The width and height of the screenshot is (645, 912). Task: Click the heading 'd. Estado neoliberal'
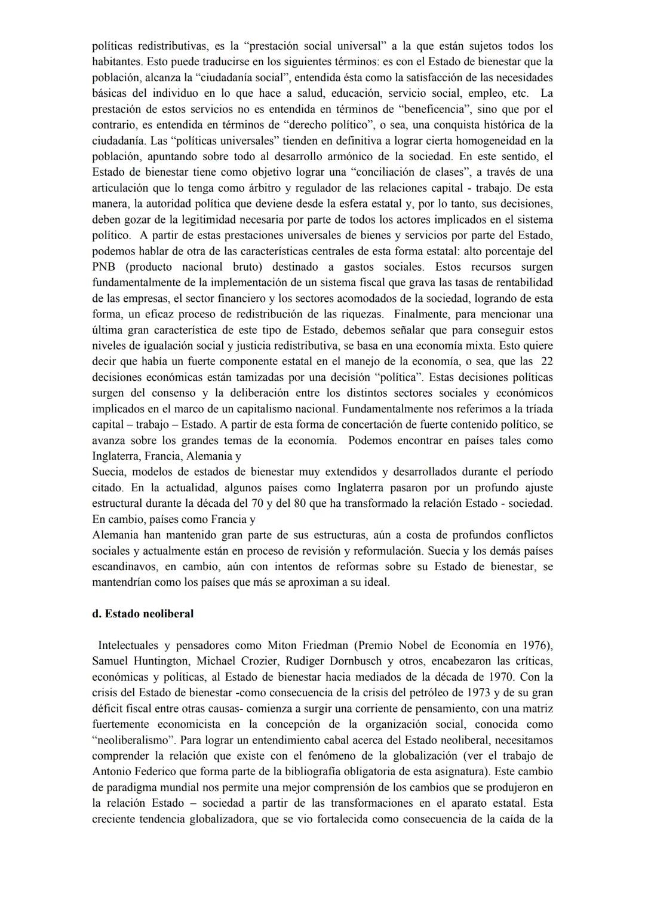(x=143, y=614)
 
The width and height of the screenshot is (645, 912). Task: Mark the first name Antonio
(x=112, y=772)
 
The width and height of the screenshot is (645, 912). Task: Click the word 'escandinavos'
(x=124, y=567)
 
